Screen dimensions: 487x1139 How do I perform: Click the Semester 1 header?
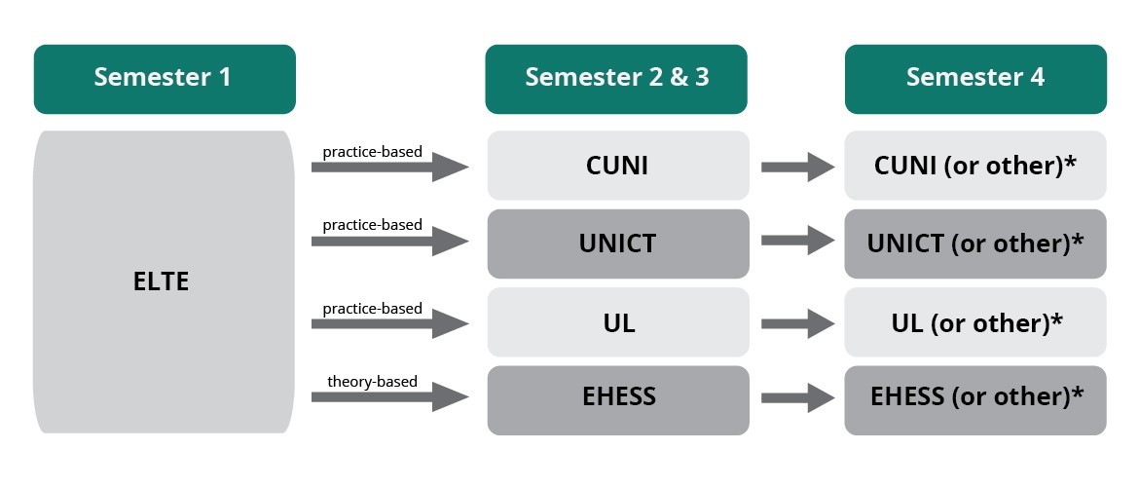(x=164, y=78)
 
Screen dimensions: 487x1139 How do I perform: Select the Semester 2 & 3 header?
(x=616, y=78)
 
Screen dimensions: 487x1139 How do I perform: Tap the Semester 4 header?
(x=974, y=78)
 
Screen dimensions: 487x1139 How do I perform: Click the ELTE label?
(x=161, y=282)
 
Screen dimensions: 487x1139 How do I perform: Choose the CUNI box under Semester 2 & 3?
(x=617, y=166)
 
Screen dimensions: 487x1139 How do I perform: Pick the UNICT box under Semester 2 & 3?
(x=617, y=243)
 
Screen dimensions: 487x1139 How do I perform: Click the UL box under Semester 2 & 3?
(x=617, y=322)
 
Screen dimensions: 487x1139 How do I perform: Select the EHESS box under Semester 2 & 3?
(x=617, y=397)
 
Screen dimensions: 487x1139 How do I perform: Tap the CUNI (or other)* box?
(x=975, y=166)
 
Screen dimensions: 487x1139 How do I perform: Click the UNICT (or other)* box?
(x=975, y=243)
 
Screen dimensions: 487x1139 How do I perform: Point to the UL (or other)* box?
(x=975, y=322)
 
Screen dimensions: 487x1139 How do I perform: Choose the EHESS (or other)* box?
(x=975, y=397)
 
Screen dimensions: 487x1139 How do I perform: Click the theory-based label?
(x=372, y=381)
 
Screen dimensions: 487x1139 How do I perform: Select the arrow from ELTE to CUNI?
(x=389, y=168)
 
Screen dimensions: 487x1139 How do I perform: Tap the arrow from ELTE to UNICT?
(x=389, y=242)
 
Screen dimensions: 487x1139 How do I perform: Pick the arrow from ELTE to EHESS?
(x=389, y=397)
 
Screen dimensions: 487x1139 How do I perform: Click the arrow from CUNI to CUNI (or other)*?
(x=797, y=168)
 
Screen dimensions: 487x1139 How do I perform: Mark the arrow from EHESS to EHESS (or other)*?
(x=797, y=397)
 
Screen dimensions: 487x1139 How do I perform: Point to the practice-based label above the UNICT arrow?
(x=372, y=225)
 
